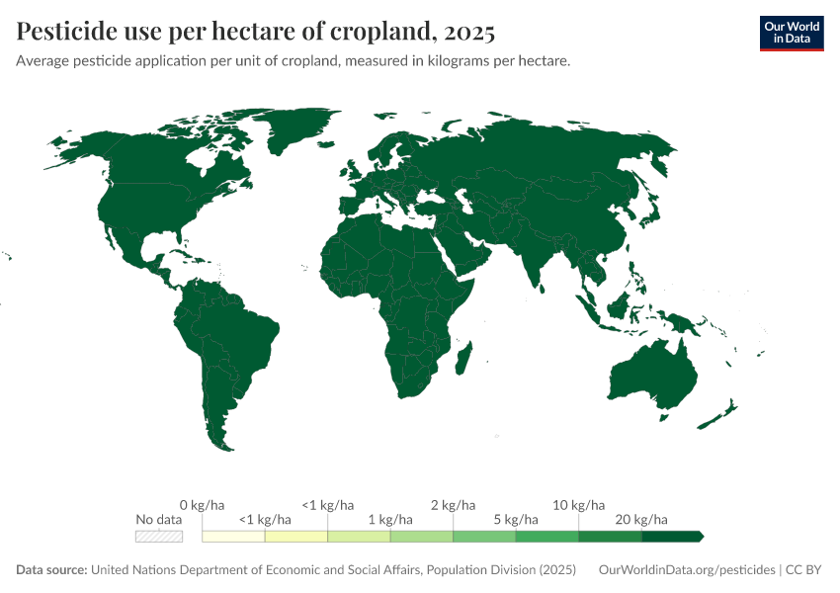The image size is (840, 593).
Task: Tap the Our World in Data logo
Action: click(791, 33)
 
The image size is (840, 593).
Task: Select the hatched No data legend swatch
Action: click(159, 537)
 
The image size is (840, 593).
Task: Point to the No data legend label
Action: click(159, 519)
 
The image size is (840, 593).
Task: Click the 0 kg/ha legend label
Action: click(202, 505)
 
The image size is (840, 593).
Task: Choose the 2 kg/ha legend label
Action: click(453, 505)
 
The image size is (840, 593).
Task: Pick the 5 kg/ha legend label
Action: click(516, 519)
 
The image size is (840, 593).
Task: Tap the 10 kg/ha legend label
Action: click(578, 505)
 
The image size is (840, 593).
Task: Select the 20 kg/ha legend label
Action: click(641, 519)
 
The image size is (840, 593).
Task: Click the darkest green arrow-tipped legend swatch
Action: click(671, 537)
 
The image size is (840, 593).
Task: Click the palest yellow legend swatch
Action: click(233, 537)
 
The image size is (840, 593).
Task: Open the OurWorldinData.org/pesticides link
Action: click(688, 570)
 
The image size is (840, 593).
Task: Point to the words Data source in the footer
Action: click(51, 570)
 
